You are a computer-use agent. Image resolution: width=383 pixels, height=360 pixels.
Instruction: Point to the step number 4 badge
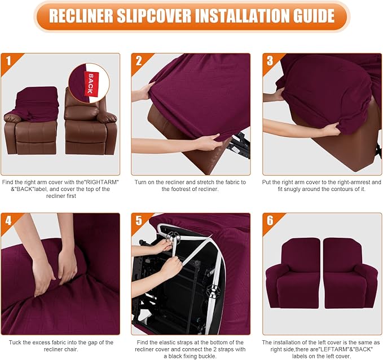(x=8, y=220)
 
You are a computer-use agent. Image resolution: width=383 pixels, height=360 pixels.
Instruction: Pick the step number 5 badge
(x=139, y=220)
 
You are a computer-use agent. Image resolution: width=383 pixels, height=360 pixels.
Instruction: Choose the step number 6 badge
(x=270, y=220)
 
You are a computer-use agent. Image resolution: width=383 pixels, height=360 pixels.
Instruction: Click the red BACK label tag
(x=89, y=82)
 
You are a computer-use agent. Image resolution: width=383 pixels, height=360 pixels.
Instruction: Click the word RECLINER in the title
(x=85, y=16)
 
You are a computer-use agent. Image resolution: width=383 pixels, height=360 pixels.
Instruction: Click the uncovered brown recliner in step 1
(x=90, y=127)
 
